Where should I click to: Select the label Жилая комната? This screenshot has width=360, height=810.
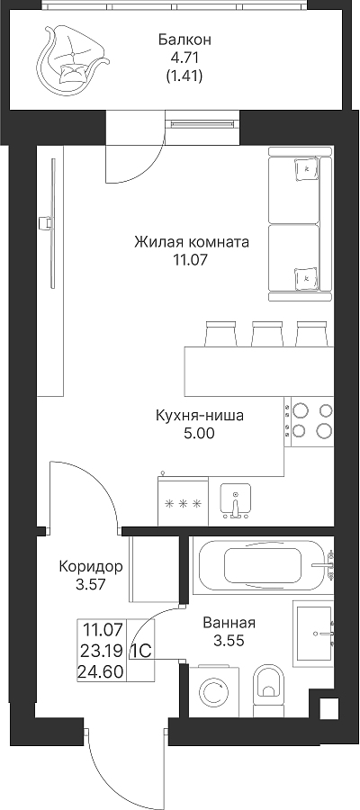(191, 242)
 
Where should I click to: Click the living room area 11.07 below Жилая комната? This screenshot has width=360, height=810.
(191, 260)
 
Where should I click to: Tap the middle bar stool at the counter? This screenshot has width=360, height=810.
(266, 334)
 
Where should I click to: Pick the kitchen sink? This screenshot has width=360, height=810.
(236, 500)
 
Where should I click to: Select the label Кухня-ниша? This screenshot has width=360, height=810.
(199, 415)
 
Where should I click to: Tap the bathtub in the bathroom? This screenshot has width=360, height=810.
(263, 566)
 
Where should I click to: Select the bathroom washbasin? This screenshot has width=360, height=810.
(313, 633)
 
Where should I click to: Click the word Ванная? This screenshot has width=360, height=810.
(229, 623)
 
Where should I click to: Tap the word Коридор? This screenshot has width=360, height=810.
(91, 567)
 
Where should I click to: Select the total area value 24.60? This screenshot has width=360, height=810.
(101, 672)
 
